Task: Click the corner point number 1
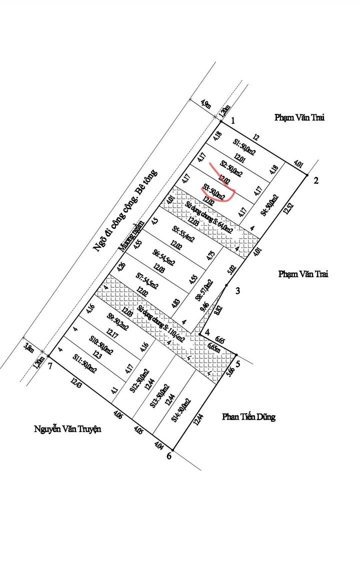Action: (x=232, y=121)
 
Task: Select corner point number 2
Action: (x=315, y=181)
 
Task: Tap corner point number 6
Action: (x=169, y=456)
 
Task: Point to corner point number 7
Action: (x=50, y=366)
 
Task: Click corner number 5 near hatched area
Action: (x=238, y=364)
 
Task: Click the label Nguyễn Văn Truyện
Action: (x=67, y=429)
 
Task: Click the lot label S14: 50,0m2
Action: (x=181, y=410)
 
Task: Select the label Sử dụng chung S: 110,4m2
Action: (x=160, y=324)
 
